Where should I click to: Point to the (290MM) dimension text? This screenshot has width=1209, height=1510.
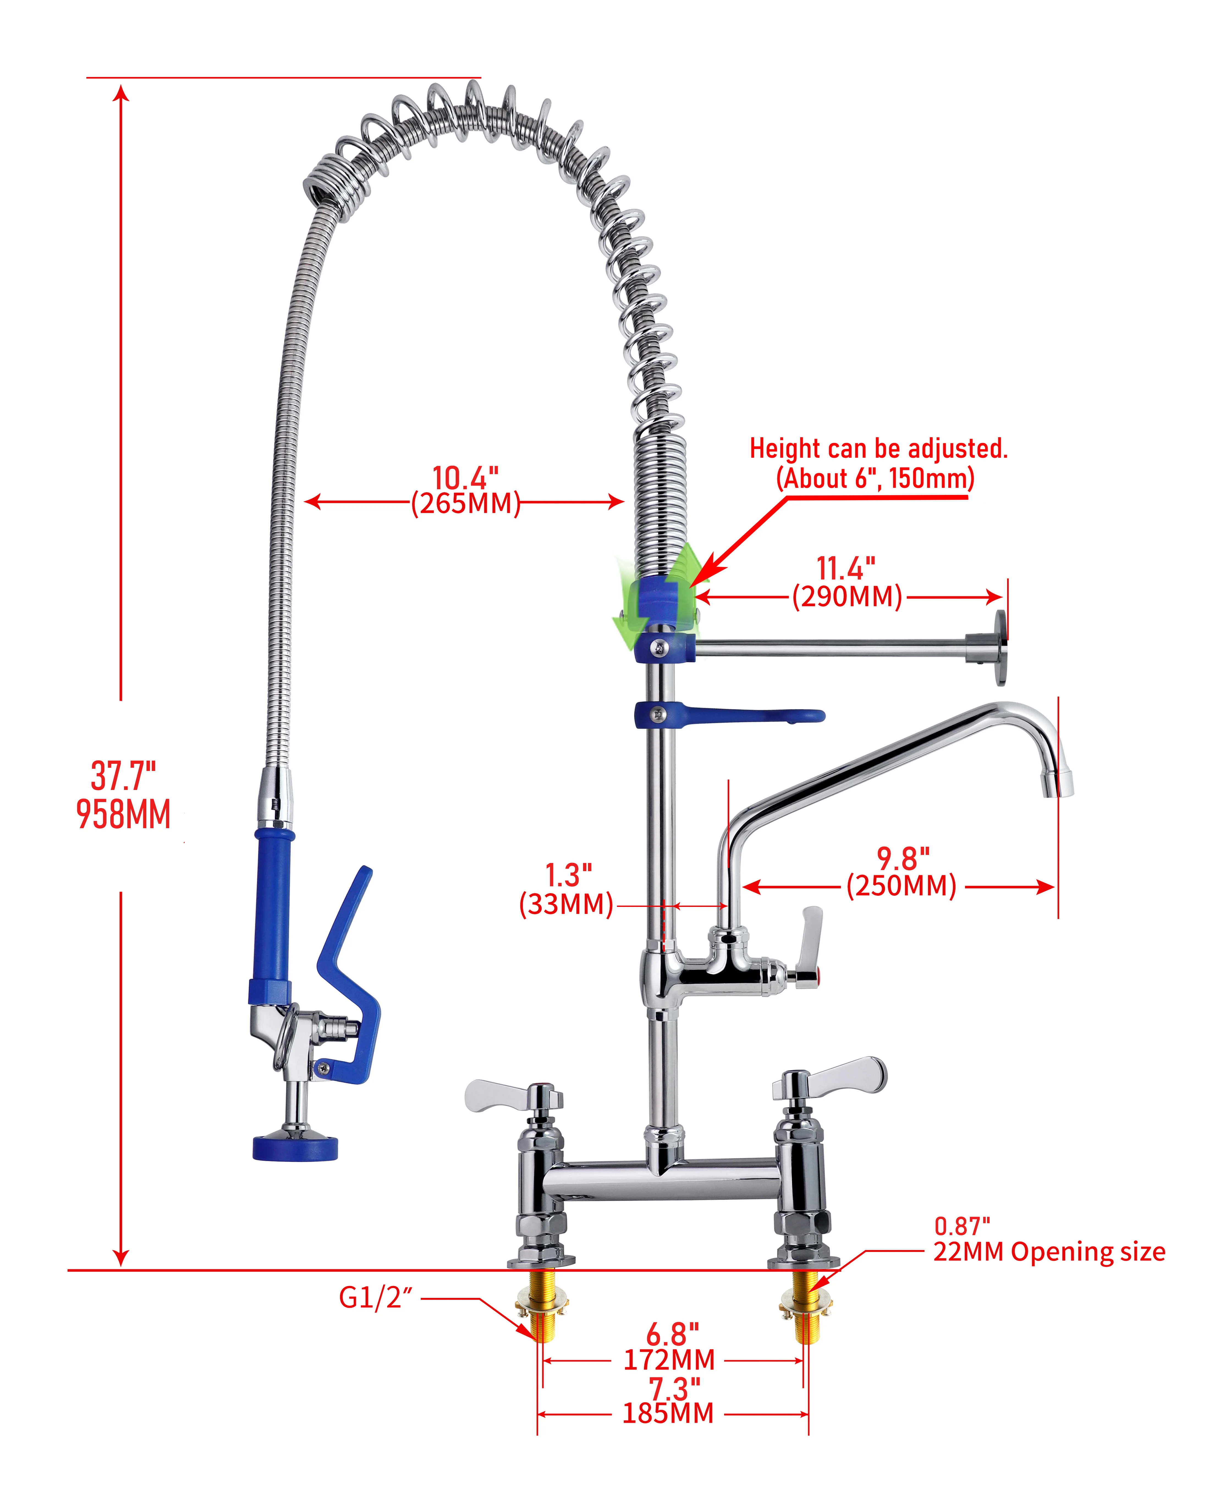847,597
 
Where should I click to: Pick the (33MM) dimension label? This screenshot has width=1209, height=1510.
566,904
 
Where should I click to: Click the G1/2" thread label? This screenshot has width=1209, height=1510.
375,1298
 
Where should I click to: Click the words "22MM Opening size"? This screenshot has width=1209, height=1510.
1049,1252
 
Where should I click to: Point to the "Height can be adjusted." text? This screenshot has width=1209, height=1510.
879,448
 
